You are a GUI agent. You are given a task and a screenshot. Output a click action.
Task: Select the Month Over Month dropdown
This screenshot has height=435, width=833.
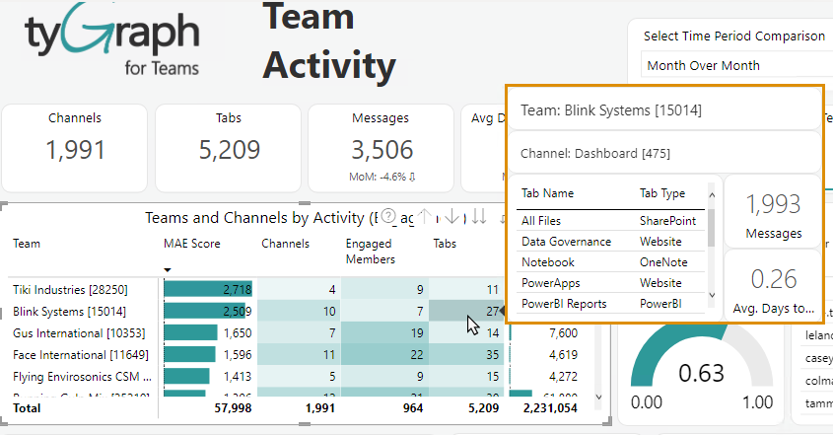(x=729, y=65)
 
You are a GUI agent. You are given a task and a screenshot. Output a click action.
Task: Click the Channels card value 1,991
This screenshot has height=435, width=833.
(x=74, y=150)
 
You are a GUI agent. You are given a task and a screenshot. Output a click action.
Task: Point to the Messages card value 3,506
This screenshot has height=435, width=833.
(x=381, y=150)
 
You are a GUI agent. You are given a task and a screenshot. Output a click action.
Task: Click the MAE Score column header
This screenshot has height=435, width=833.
(x=191, y=244)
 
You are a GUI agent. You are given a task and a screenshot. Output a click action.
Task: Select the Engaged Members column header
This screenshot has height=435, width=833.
(x=369, y=251)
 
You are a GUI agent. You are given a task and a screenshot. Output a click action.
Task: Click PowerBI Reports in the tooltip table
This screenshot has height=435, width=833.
(x=564, y=304)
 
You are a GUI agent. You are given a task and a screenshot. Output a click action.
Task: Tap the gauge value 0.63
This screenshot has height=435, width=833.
(x=701, y=374)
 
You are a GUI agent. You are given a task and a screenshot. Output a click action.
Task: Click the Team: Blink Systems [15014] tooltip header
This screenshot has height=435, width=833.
(x=611, y=110)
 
